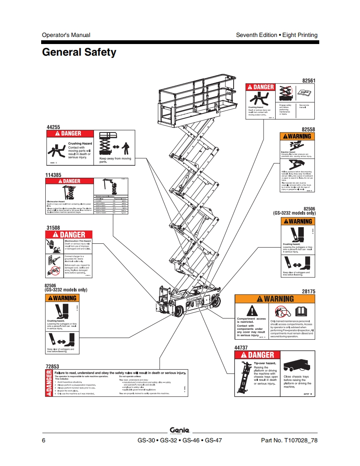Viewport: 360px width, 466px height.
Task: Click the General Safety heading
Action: (79, 52)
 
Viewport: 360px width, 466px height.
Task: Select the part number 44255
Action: (53, 127)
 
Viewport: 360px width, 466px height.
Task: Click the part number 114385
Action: (54, 175)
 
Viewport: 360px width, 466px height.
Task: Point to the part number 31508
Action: (53, 228)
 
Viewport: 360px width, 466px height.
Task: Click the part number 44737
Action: (242, 347)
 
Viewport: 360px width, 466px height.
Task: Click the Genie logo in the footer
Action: (180, 430)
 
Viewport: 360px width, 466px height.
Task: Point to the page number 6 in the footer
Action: (44, 440)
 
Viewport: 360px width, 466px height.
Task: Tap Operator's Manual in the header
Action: (66, 35)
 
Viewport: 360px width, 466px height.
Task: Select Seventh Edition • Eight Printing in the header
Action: (276, 35)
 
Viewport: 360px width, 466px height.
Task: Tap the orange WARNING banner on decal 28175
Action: (276, 299)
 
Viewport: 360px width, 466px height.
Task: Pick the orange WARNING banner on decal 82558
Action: (297, 136)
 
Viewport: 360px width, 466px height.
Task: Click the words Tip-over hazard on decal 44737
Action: (265, 363)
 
